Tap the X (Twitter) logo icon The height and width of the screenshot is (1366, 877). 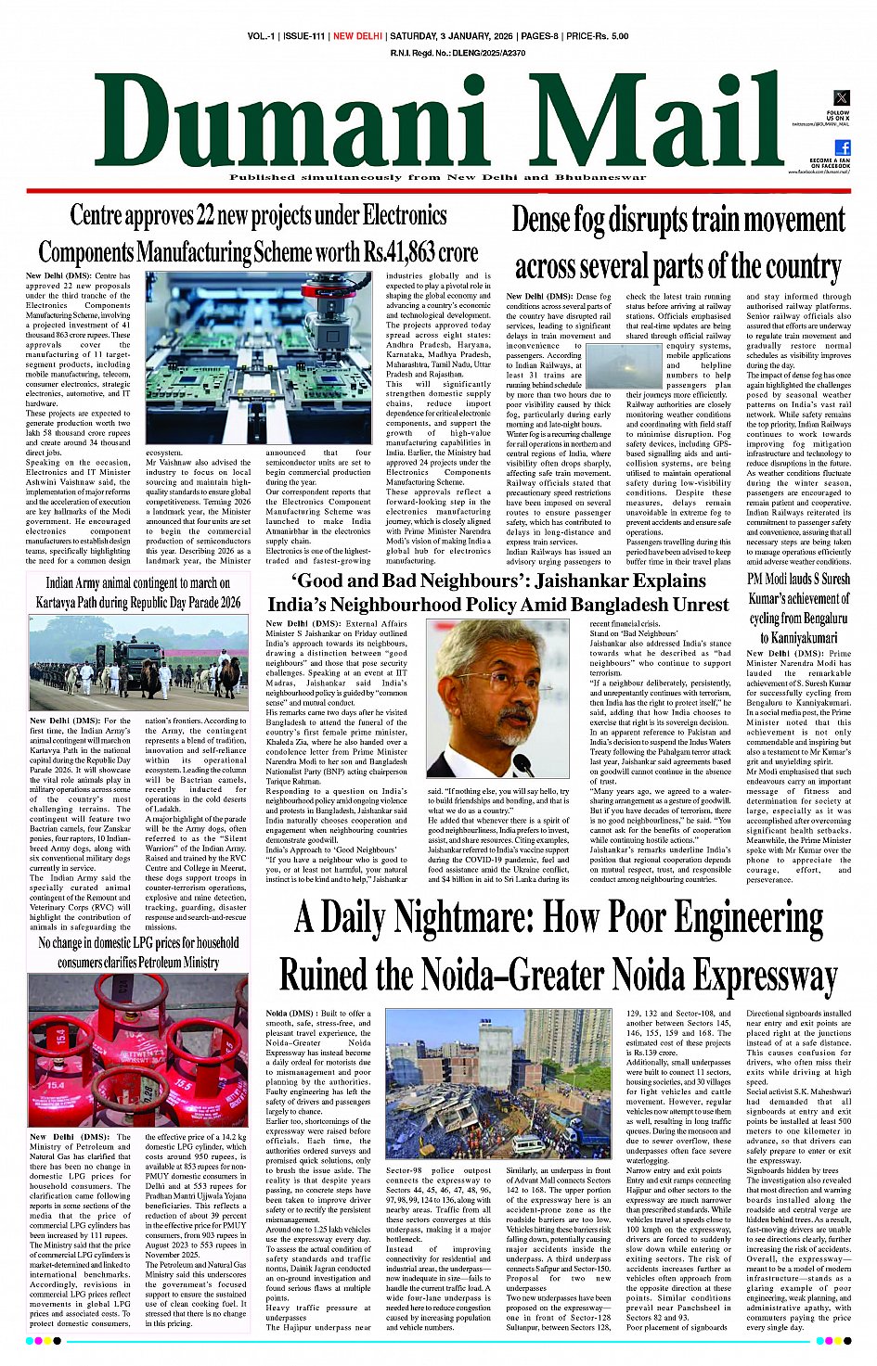tap(841, 98)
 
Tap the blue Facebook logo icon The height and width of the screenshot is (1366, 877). tap(843, 147)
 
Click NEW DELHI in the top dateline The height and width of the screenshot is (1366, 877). tap(357, 36)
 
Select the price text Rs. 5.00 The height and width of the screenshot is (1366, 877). tap(608, 36)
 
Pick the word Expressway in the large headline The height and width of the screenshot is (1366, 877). tap(766, 976)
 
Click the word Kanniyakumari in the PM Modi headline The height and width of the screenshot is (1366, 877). tap(798, 637)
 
